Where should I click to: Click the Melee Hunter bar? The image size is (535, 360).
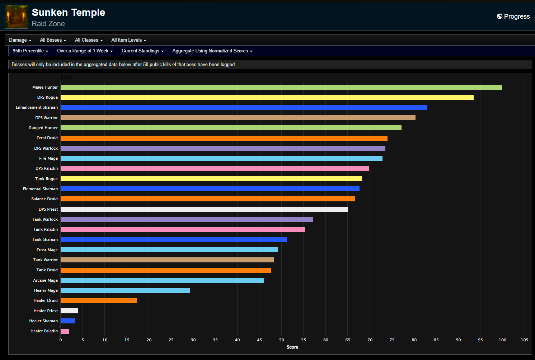click(281, 87)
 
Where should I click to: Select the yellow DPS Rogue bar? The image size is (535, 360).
click(267, 97)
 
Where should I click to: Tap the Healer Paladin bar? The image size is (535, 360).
click(65, 331)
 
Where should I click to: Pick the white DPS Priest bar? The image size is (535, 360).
click(204, 209)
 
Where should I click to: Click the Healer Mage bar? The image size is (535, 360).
click(125, 290)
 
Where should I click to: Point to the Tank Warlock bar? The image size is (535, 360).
click(187, 219)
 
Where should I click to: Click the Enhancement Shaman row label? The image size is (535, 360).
click(37, 107)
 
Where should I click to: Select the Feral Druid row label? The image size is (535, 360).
click(47, 138)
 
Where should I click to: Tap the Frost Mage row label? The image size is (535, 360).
click(47, 250)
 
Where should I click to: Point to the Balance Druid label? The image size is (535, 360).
click(44, 199)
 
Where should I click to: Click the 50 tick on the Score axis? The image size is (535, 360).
click(282, 340)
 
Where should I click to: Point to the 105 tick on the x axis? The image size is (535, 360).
click(524, 340)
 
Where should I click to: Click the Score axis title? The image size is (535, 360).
click(292, 347)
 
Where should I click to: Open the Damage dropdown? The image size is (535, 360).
click(20, 40)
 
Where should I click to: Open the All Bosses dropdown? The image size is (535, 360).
click(53, 40)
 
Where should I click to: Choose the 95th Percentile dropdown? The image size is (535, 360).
click(30, 51)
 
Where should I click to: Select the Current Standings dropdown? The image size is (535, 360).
click(142, 51)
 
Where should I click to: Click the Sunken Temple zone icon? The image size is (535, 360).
click(17, 17)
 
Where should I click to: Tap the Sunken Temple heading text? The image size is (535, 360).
click(68, 13)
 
